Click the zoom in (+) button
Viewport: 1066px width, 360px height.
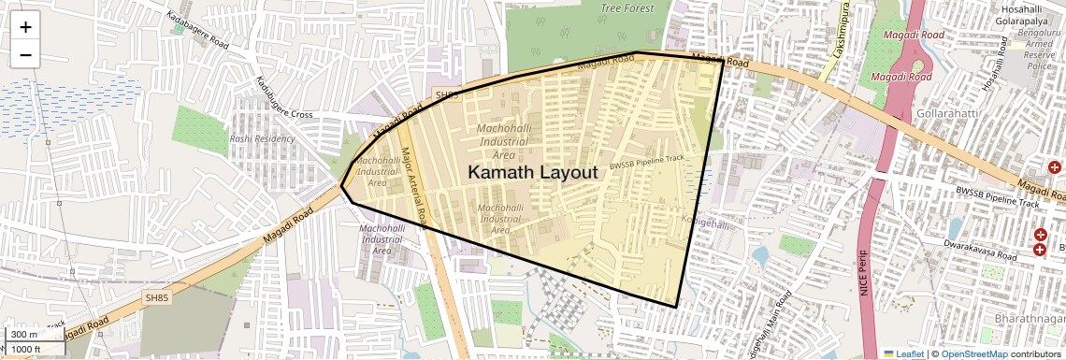click(25, 27)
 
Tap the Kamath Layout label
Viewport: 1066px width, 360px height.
click(532, 173)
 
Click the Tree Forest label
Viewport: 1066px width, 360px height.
click(627, 7)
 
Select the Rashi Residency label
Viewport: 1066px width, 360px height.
click(262, 138)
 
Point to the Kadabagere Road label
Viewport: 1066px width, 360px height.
click(197, 30)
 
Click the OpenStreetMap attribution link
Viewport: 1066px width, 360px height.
click(974, 353)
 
